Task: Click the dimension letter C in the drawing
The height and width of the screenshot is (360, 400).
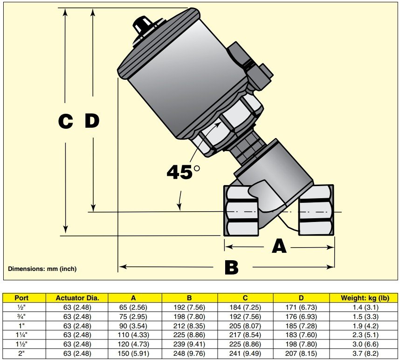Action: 66,122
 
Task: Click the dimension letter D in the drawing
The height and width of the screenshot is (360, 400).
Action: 92,121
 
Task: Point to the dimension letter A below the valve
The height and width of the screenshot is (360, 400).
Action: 279,246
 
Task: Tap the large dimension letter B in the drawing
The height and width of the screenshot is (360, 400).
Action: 231,268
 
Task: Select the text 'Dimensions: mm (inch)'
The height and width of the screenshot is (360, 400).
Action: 42,269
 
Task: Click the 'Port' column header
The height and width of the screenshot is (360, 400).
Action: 22,298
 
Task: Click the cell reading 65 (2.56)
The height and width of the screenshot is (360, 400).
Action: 133,306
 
